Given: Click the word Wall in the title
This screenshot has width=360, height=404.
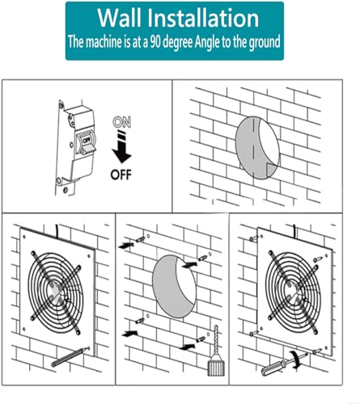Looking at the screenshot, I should tap(123, 18).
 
